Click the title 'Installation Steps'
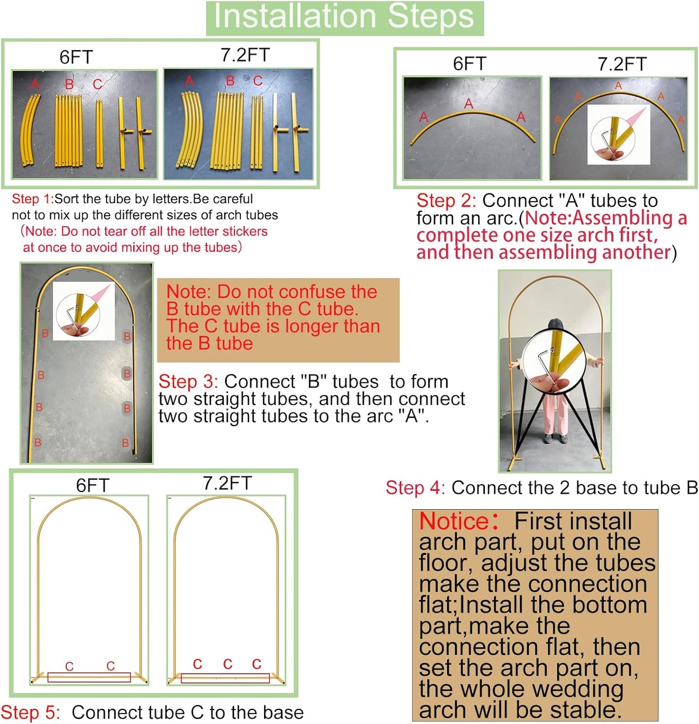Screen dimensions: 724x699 coord(344,17)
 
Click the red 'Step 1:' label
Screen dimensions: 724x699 coord(32,199)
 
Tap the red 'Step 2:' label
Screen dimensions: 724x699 coord(446,201)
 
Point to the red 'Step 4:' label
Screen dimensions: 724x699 coord(415,488)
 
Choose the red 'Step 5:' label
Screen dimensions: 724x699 coord(30,712)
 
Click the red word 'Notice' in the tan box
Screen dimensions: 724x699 coord(454,521)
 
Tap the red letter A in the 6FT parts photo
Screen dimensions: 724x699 coord(34,85)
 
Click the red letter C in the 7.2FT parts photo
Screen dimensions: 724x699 coord(258,81)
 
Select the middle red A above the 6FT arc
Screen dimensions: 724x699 coord(468,103)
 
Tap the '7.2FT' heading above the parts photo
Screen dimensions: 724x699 coord(245,55)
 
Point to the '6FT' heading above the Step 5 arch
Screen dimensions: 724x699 coord(92,485)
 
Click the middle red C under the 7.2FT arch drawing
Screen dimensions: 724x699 coord(227,664)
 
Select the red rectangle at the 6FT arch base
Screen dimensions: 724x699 coord(89,677)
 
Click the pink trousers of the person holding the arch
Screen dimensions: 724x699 coord(555,414)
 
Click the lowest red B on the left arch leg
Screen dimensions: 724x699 coord(38,442)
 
